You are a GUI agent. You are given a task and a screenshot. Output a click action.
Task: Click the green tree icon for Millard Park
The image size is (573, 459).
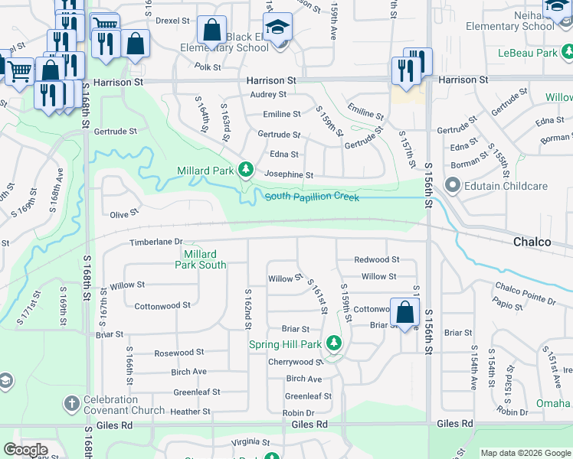(x=245, y=168)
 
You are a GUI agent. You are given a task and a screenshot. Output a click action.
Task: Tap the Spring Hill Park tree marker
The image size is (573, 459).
(x=333, y=344)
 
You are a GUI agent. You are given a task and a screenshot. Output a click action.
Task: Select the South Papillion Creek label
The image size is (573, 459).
(x=312, y=197)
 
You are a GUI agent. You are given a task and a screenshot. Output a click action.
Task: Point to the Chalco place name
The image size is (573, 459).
(x=532, y=242)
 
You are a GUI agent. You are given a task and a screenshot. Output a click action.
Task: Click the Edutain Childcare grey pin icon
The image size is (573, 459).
(x=452, y=185)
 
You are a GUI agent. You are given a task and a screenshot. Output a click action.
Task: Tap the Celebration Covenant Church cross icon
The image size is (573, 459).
(x=71, y=402)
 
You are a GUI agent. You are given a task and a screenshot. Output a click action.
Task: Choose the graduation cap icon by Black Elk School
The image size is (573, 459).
(x=276, y=29)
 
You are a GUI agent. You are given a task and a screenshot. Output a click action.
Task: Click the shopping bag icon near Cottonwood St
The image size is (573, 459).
(x=405, y=312)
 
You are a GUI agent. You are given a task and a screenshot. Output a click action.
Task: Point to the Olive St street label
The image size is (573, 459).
(x=123, y=215)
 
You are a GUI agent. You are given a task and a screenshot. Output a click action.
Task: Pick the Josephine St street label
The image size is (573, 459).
(x=289, y=174)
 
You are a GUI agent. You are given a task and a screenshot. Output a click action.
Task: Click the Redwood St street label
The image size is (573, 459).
(x=376, y=260)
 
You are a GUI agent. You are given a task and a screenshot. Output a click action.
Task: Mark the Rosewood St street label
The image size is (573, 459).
(x=178, y=353)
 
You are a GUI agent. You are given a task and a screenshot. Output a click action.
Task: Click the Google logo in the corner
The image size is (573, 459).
(x=25, y=450)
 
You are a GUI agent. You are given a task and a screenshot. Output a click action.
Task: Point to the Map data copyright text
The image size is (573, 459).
(x=526, y=453)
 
